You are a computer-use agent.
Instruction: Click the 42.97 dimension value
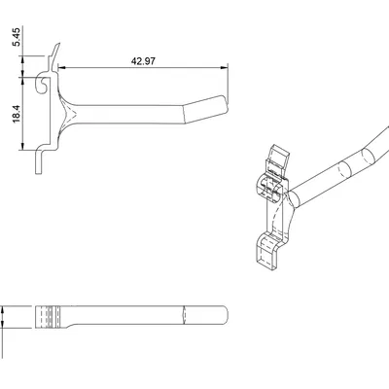tap(142, 59)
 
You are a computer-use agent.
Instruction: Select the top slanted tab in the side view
tap(55, 52)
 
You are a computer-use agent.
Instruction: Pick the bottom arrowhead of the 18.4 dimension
tap(26, 151)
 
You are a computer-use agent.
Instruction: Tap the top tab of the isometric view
tap(279, 157)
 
